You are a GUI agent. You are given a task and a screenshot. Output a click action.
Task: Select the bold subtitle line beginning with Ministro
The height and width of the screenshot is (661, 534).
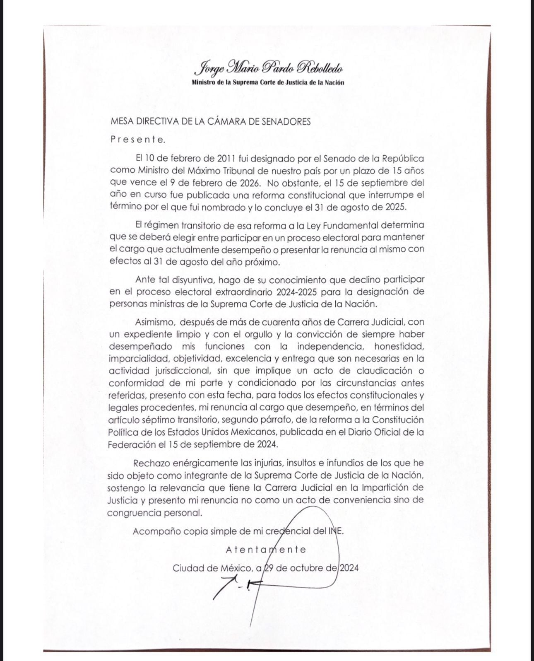(268, 82)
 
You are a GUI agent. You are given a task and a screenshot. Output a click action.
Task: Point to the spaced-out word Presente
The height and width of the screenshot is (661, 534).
(138, 140)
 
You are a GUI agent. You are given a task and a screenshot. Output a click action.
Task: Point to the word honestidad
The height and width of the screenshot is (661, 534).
(399, 346)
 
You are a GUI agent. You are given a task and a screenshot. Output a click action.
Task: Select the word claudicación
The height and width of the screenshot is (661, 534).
(380, 371)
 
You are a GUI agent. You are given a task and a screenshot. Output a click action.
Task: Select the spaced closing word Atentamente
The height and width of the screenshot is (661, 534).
(266, 550)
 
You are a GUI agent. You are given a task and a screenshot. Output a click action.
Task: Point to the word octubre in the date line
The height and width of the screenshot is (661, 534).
(305, 568)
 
